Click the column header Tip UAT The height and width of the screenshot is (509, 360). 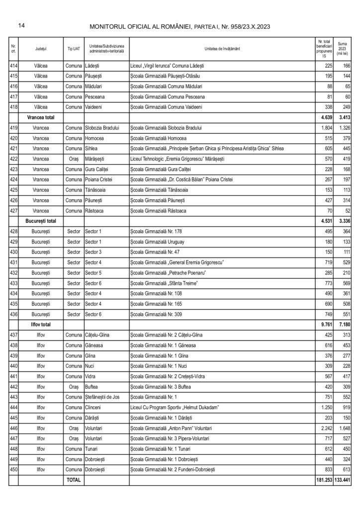[73, 49]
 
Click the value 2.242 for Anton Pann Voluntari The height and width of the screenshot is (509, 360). [324, 428]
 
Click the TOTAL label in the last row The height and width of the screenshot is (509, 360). [73, 480]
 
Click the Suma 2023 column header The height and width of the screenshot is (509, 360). [343, 49]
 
